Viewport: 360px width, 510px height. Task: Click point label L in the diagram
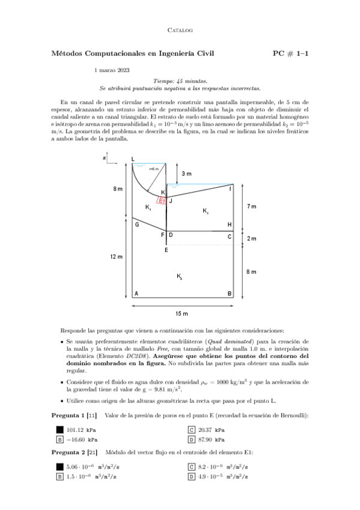pos(133,159)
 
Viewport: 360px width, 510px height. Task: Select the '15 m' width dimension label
pos(181,313)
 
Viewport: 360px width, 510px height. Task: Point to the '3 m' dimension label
pos(186,174)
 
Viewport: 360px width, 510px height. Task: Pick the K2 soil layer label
pos(180,277)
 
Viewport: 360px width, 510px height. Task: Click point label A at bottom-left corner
pos(136,293)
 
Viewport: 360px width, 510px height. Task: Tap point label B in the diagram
pos(229,293)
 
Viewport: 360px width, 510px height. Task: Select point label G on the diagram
pos(137,224)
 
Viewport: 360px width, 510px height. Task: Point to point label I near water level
pos(230,189)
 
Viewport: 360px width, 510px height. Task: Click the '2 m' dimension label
pos(252,239)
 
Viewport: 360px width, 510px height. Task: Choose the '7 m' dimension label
pos(252,206)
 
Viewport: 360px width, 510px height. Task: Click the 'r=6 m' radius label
pos(154,169)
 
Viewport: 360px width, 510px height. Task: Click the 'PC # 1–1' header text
pos(290,54)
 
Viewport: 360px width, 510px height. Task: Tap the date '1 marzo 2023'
pos(112,70)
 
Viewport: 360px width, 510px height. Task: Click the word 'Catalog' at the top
pos(179,29)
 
